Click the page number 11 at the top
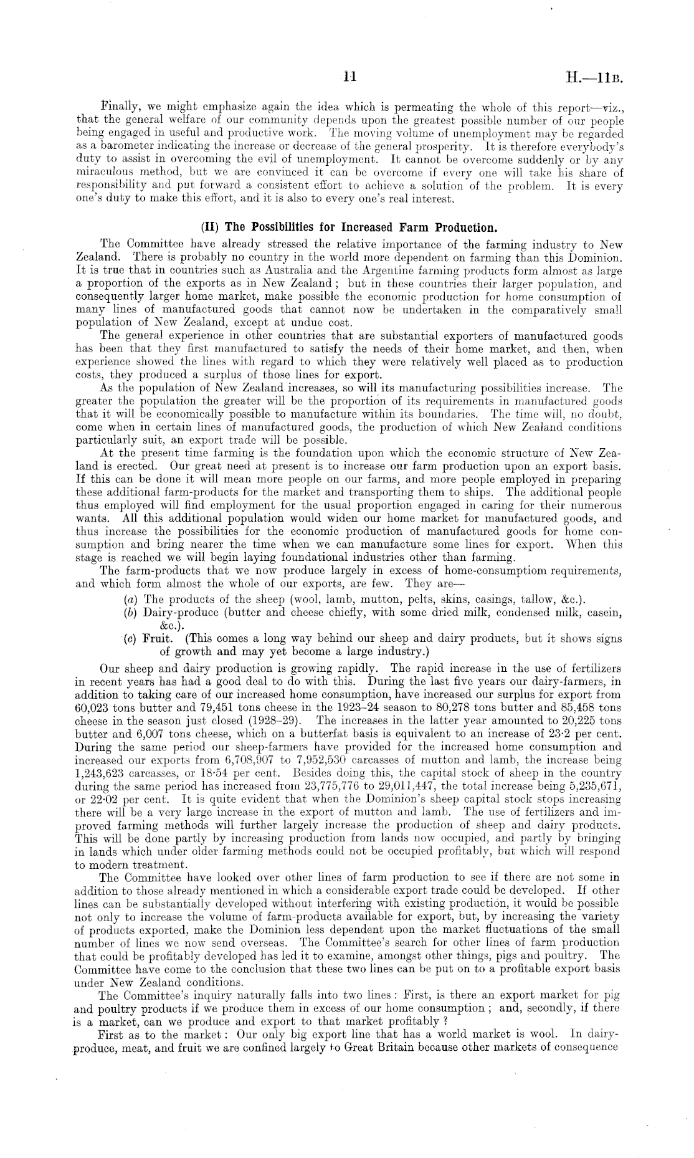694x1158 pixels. [349, 77]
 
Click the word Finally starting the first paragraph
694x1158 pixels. [120, 107]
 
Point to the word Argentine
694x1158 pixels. [347, 270]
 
